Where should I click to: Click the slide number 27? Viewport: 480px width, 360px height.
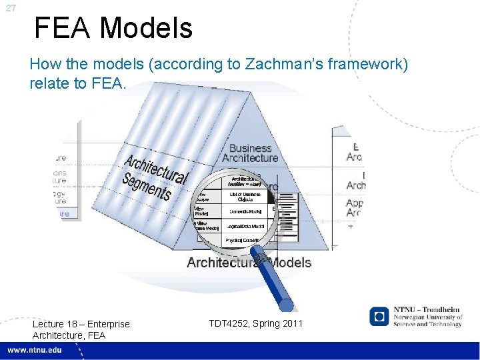[x=9, y=8]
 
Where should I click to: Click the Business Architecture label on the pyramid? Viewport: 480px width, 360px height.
[x=250, y=153]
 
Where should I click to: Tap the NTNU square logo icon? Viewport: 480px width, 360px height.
[x=379, y=317]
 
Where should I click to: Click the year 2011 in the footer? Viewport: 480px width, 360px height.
[x=291, y=323]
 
